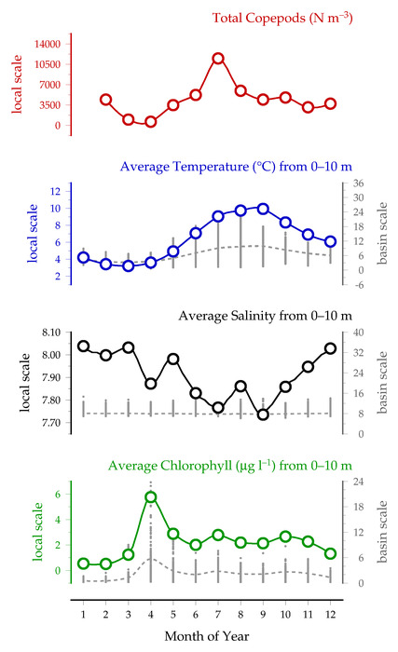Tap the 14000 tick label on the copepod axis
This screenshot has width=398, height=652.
click(x=47, y=44)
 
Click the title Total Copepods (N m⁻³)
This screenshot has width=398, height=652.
click(x=282, y=18)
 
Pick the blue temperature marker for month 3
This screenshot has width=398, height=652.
click(x=129, y=265)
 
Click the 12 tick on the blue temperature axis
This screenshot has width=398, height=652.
click(x=55, y=191)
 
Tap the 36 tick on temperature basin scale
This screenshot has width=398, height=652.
click(x=359, y=183)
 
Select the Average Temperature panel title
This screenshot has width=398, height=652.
click(x=236, y=167)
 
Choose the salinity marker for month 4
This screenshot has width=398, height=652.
click(x=151, y=384)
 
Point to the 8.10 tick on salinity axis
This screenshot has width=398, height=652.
click(x=50, y=333)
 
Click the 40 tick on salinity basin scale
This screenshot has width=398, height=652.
click(x=359, y=333)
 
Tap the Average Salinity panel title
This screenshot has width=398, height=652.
click(x=266, y=316)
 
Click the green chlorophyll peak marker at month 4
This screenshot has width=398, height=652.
click(x=151, y=496)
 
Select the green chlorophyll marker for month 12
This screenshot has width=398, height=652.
click(x=331, y=553)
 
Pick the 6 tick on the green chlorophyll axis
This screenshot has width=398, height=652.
click(x=58, y=494)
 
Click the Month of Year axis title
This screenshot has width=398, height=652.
click(x=207, y=636)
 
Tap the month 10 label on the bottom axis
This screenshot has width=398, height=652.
click(x=285, y=614)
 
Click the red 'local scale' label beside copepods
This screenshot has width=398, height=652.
click(x=17, y=85)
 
